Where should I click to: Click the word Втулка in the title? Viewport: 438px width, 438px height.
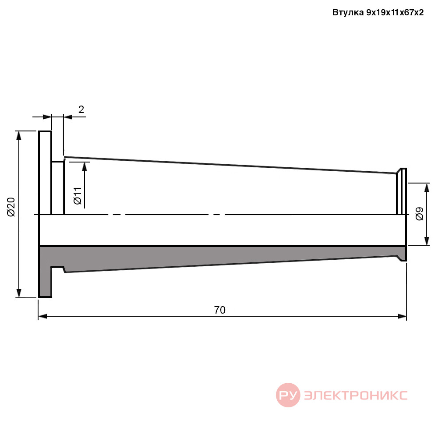(x=348, y=13)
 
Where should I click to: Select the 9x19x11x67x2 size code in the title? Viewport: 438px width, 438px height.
(x=395, y=13)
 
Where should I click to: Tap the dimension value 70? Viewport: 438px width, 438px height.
(x=220, y=310)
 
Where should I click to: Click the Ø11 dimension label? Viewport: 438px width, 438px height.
(x=78, y=196)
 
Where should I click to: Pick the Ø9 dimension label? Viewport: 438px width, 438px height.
(x=420, y=214)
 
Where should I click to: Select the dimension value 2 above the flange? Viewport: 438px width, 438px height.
(x=81, y=109)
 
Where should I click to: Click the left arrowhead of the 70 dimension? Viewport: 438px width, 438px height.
(x=42, y=316)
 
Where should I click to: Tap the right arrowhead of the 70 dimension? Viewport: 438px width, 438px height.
(x=402, y=316)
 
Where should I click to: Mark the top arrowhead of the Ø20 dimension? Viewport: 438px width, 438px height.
(x=19, y=135)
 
